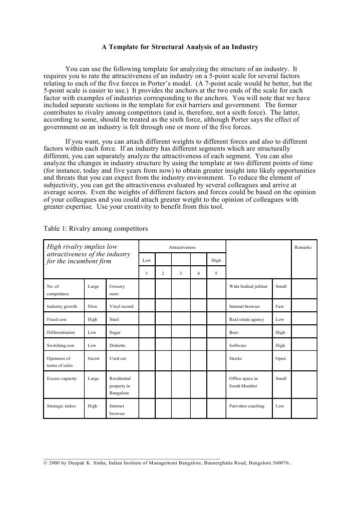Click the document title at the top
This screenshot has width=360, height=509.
[180, 48]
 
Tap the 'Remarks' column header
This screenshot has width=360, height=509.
[303, 247]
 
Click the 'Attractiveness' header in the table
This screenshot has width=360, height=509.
[182, 247]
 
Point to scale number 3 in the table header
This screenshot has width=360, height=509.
[180, 273]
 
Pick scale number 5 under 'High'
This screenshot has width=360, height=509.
[216, 273]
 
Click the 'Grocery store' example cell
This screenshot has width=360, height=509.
[117, 290]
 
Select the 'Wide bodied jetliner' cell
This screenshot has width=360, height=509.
[248, 286]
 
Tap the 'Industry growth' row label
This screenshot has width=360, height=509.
[62, 306]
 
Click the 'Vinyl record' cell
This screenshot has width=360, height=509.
[121, 306]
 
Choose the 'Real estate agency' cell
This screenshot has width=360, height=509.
[247, 319]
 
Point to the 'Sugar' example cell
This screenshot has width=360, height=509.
[115, 332]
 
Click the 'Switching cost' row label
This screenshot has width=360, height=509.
[61, 345]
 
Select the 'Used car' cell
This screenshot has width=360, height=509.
[118, 358]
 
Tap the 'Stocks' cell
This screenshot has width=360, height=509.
[235, 358]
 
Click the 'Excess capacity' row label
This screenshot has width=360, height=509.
[62, 378]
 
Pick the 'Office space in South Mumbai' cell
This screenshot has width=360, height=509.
[243, 382]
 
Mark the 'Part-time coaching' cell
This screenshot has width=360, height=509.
[247, 406]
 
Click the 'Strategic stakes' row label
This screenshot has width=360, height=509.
[62, 406]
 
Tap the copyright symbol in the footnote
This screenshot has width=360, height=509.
[46, 463]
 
